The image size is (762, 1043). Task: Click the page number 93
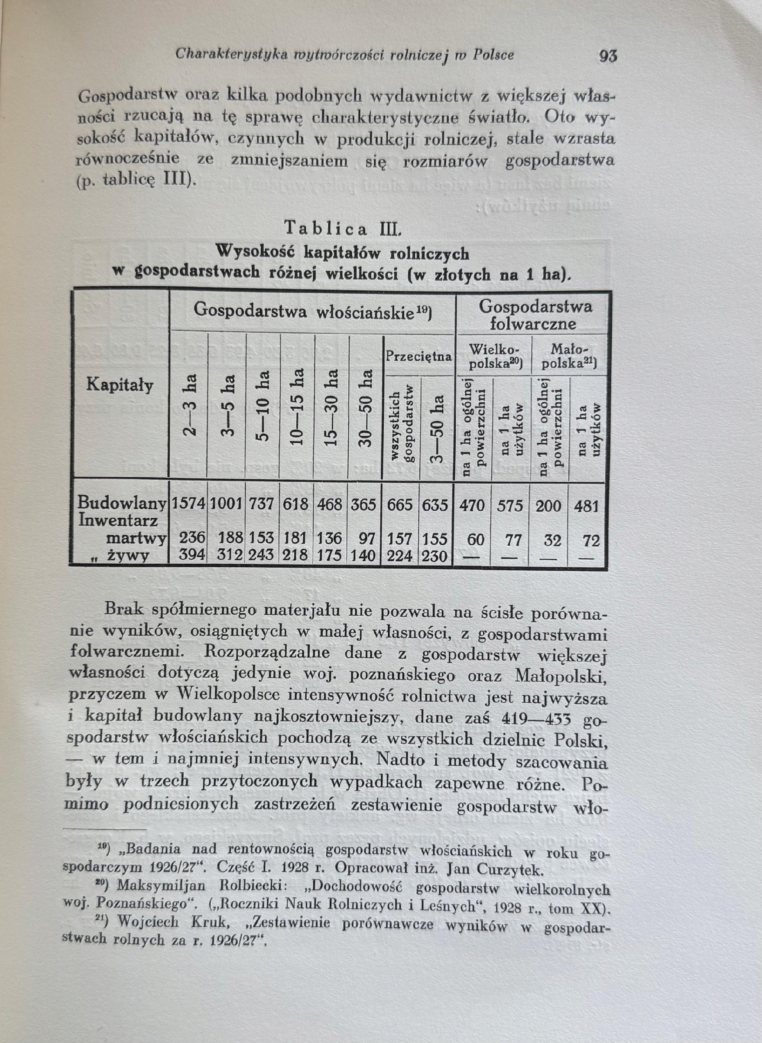(x=607, y=56)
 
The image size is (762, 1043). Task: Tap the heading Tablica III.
(x=342, y=228)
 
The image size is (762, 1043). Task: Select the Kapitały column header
(x=120, y=385)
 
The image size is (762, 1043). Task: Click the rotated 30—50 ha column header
(x=365, y=408)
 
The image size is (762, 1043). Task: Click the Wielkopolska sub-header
(x=493, y=356)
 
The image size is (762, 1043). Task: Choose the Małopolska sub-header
(x=569, y=357)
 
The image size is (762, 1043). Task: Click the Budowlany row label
(x=122, y=503)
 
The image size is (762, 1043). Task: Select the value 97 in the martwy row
(x=367, y=539)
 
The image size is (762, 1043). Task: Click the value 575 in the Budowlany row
(x=510, y=506)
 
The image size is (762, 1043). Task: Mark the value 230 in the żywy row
(x=435, y=556)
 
